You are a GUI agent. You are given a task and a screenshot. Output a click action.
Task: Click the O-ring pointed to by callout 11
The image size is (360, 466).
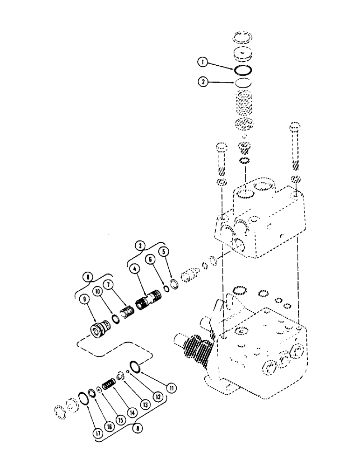coord(134,367)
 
